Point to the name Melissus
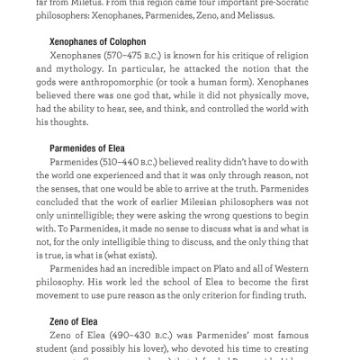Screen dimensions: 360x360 pos(274,15)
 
